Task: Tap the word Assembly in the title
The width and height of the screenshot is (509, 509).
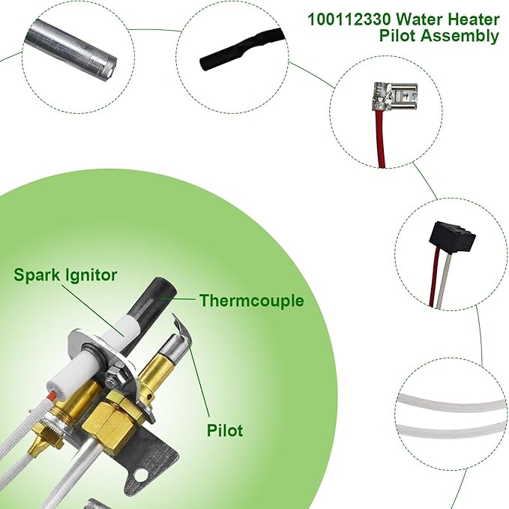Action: tap(466, 36)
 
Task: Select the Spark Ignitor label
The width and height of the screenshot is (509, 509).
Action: tap(65, 275)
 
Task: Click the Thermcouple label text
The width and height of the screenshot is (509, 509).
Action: tap(251, 301)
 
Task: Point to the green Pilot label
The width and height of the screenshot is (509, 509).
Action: tap(224, 431)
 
